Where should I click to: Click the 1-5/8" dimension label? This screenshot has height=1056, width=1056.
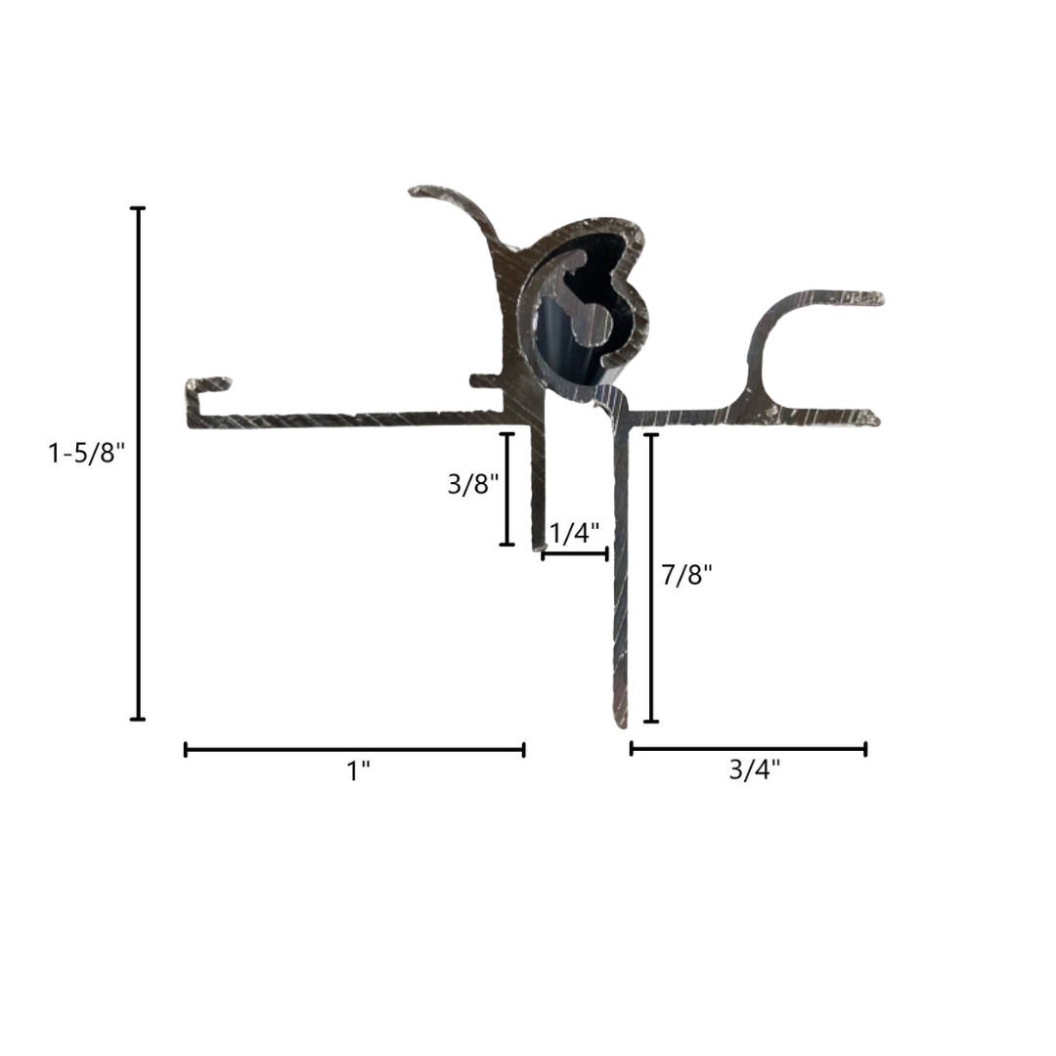click(87, 453)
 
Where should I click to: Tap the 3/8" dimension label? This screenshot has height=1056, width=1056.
click(473, 483)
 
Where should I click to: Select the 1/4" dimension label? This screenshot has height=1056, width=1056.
click(575, 534)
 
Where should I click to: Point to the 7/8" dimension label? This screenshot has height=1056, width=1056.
click(687, 575)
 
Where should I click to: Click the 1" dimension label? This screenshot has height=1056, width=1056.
click(358, 771)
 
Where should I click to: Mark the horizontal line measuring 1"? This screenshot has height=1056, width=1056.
click(354, 750)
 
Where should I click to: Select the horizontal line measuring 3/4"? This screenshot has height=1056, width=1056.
click(748, 749)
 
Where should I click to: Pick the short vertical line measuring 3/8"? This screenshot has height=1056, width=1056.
click(506, 489)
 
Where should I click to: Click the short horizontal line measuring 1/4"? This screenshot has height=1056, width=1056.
click(575, 554)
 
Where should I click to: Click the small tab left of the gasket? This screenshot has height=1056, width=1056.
click(481, 379)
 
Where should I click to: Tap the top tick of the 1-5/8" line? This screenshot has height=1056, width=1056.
click(138, 208)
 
